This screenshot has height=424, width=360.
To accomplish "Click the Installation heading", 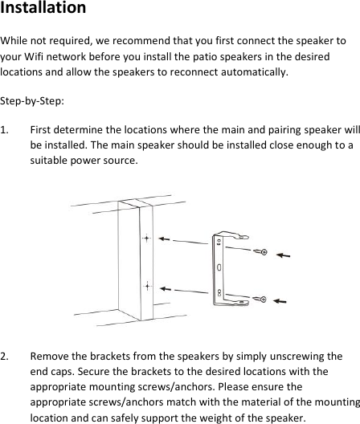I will (x=43, y=9).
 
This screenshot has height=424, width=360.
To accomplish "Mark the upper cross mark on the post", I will (x=146, y=239).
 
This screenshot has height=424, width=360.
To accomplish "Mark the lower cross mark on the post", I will (x=147, y=285).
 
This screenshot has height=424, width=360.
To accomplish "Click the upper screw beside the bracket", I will (x=260, y=253).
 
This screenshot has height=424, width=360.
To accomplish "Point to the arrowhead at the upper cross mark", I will (x=161, y=239).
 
